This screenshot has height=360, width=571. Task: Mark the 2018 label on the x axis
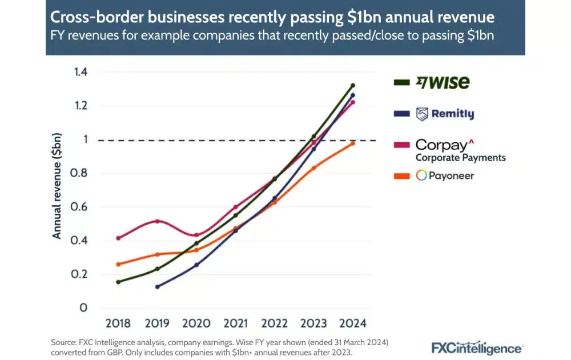click(118, 323)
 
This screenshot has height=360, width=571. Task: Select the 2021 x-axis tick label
click(235, 323)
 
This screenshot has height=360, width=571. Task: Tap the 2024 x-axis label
click(352, 323)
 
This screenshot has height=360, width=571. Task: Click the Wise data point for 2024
click(353, 85)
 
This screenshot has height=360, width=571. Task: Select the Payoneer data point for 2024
click(353, 143)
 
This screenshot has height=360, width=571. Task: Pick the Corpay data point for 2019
click(158, 221)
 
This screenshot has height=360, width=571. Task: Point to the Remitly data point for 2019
click(158, 287)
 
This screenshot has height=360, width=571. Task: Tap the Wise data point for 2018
click(118, 282)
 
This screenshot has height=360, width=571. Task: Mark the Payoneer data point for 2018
click(118, 265)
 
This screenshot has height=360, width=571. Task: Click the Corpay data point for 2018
click(118, 238)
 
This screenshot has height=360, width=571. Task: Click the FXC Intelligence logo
click(476, 348)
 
